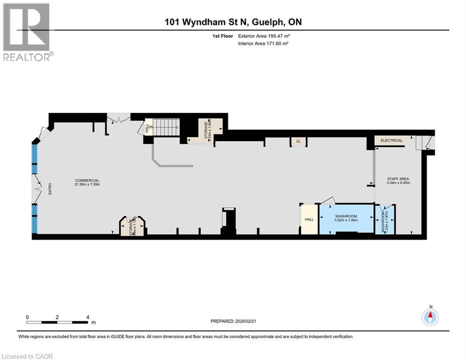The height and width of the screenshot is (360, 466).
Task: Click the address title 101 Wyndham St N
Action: coord(233,22)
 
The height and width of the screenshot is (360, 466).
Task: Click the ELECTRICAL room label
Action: coord(392,140)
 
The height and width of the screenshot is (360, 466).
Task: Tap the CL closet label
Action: coord(298,141)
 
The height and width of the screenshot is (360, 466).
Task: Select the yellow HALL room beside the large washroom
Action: coord(309,219)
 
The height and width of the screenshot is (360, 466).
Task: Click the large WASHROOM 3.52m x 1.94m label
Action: coord(346,218)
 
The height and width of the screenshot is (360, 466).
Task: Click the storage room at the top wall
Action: coord(206,128)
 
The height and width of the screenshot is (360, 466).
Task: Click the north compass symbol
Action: coord(430,317)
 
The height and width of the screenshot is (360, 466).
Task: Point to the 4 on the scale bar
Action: coord(88,317)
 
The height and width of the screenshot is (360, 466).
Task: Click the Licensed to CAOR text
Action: coord(27,356)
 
